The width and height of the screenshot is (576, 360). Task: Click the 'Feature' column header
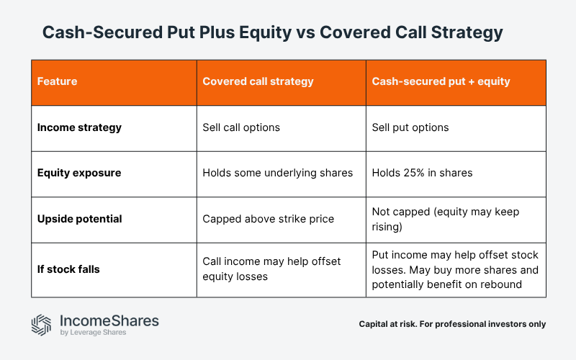pos(57,81)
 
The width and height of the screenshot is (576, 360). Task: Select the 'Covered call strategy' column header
pos(258,81)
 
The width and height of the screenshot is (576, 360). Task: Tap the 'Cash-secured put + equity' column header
pos(441,81)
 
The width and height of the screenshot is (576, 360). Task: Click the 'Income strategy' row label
pos(79,127)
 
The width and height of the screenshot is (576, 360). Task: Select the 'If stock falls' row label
pos(68,269)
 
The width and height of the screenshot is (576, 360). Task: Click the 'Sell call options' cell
pos(241,127)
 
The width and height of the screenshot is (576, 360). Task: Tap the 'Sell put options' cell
pos(410,127)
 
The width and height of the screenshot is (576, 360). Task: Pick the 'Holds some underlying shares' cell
pos(277,173)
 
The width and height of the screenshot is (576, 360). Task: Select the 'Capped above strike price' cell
pos(268,218)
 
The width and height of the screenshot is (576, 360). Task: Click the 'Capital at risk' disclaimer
pos(452,324)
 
